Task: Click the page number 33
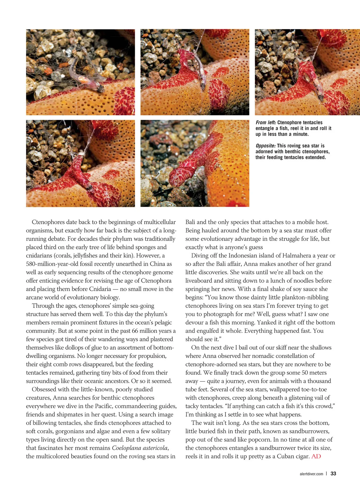coord(333,474)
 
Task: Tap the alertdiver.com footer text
coord(311,474)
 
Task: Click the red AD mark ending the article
coord(316,456)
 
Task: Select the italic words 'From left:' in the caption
coord(266,123)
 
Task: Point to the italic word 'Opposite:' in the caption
coord(265,146)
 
